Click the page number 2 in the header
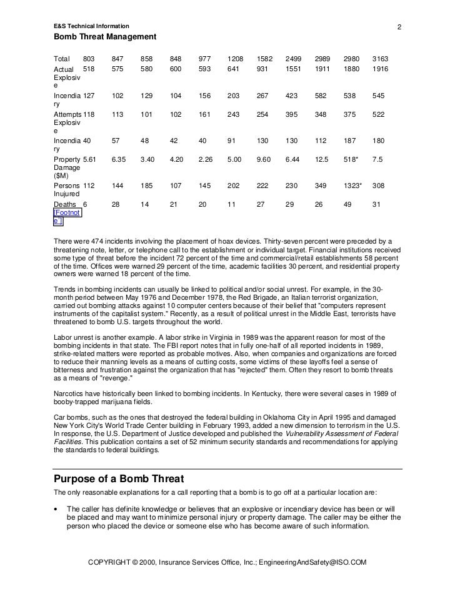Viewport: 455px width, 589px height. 398,26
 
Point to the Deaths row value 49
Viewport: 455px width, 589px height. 347,204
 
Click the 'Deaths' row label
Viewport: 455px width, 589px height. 66,204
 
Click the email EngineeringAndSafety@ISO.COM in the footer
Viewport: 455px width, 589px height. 312,562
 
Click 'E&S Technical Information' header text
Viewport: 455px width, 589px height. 91,26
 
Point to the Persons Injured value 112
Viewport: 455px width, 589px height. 88,186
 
